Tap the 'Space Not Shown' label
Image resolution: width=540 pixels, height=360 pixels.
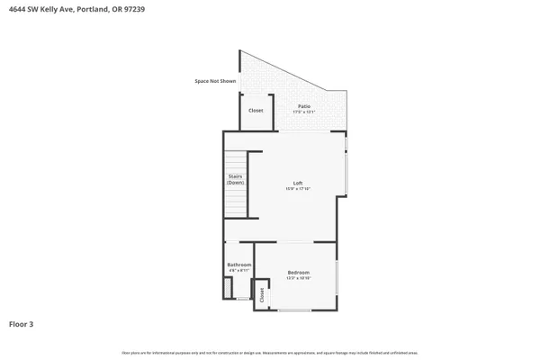click(x=215, y=81)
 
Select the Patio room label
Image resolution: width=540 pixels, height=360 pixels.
click(x=305, y=106)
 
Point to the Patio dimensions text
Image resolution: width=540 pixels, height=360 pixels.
click(x=305, y=112)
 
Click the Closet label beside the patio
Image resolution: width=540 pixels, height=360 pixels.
click(x=256, y=111)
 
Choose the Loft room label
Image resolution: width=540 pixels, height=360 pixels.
click(x=297, y=183)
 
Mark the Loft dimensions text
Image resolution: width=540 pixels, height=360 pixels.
click(x=297, y=189)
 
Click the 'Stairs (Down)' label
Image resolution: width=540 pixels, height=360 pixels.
click(x=235, y=179)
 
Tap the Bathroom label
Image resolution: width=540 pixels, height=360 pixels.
click(x=238, y=264)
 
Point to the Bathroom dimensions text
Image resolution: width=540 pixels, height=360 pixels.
click(x=238, y=270)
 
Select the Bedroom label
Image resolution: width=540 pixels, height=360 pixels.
click(x=299, y=272)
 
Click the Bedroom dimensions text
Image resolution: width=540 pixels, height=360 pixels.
click(x=299, y=278)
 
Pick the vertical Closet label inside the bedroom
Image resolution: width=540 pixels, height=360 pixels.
click(x=262, y=294)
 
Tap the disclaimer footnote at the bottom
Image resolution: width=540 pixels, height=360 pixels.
click(x=270, y=353)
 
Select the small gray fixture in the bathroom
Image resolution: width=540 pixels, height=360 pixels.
click(x=228, y=289)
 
